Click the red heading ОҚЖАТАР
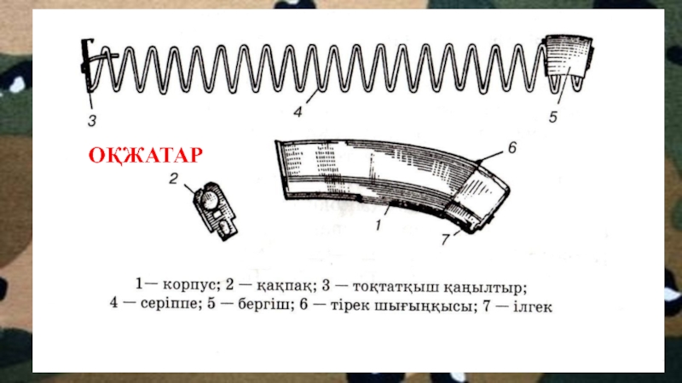(145, 156)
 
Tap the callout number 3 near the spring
(92, 121)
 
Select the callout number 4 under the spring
(298, 112)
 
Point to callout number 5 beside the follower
(552, 117)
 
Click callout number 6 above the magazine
(512, 147)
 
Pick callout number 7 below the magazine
(445, 239)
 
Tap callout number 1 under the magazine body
(379, 225)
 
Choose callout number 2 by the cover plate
(174, 179)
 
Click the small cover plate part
(216, 211)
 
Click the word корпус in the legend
(189, 285)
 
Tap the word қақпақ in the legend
(285, 286)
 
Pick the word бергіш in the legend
(264, 304)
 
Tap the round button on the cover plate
(209, 200)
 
